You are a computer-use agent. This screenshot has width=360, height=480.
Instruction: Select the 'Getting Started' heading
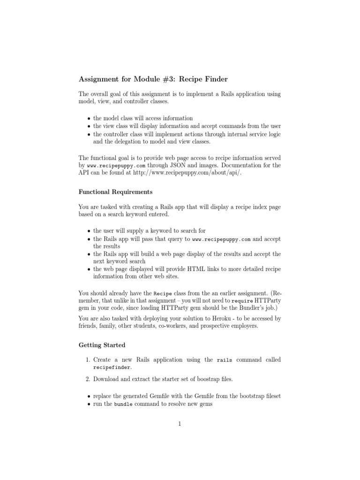[x=102, y=345]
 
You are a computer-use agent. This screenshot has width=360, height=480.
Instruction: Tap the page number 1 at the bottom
[x=180, y=424]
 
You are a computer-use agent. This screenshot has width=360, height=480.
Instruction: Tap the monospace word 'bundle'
[x=123, y=404]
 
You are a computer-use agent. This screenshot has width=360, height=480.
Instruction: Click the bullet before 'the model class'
[x=89, y=118]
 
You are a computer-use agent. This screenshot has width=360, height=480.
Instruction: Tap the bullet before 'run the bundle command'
[x=89, y=404]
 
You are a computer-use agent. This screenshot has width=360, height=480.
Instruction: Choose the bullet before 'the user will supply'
[x=89, y=231]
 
